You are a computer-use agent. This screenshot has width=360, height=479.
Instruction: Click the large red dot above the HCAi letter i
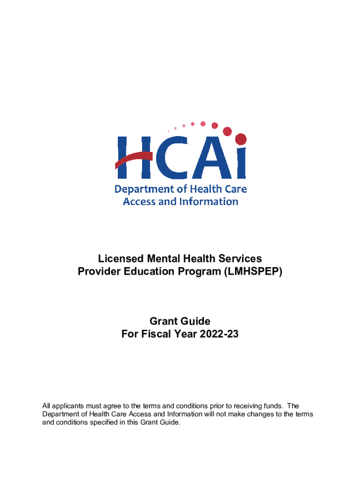click(240, 139)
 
